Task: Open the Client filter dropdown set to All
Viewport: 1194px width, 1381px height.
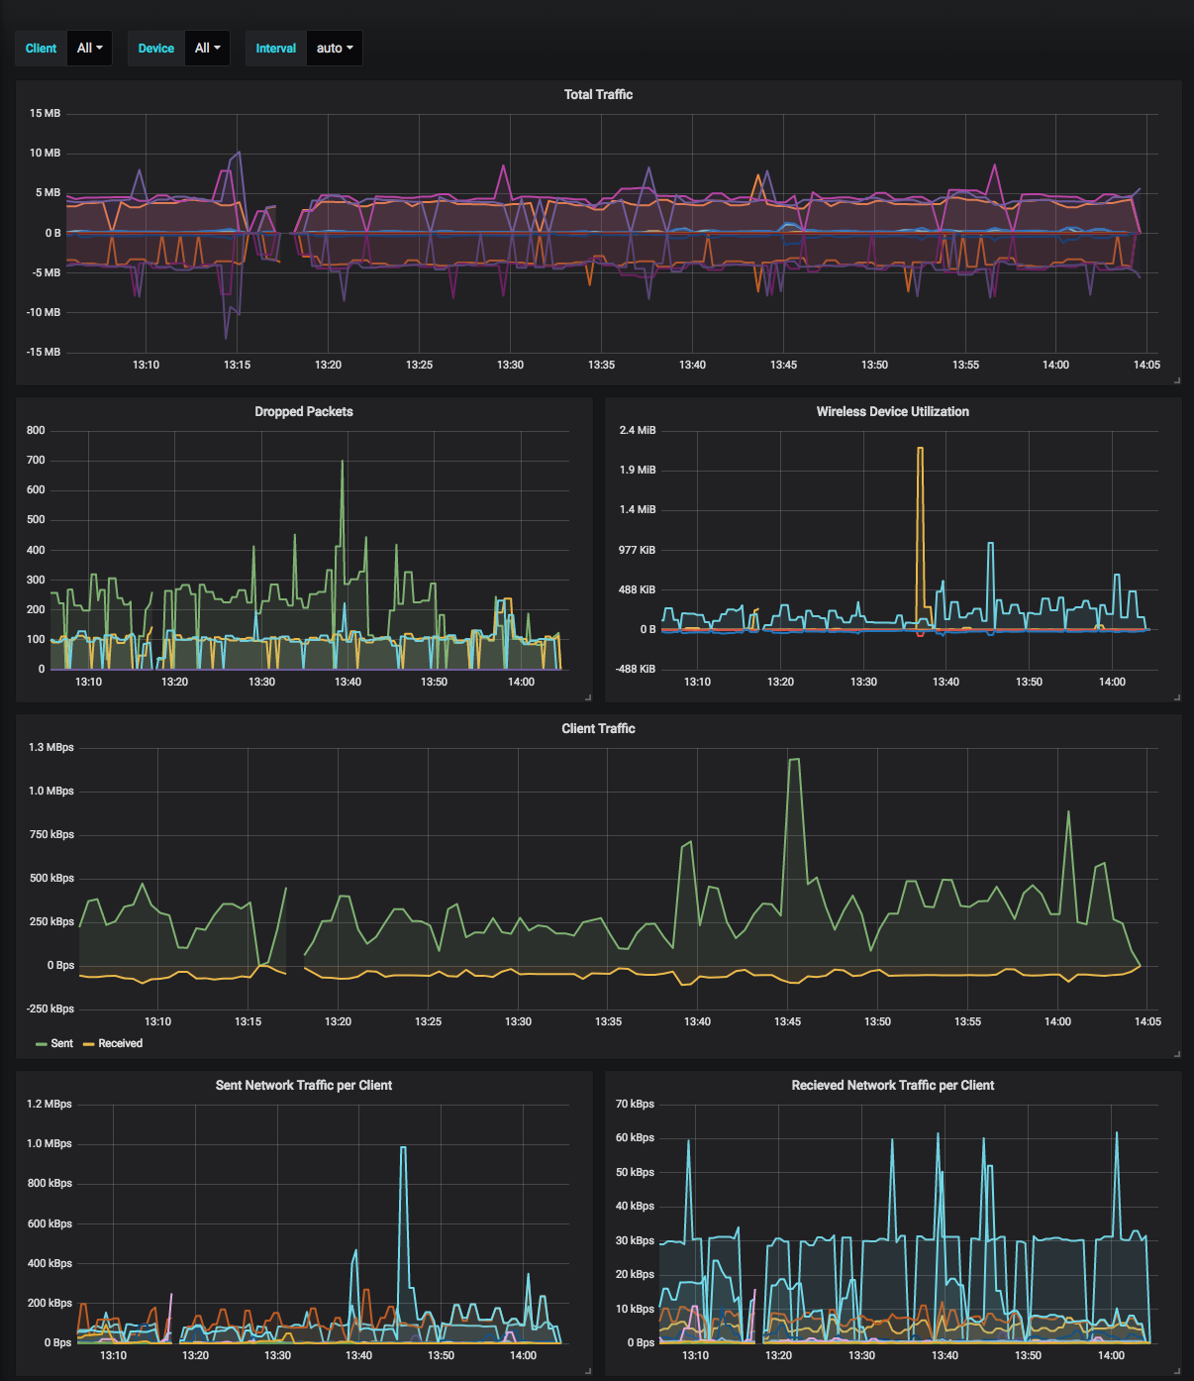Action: point(89,48)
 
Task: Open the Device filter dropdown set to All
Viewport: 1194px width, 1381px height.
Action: point(207,48)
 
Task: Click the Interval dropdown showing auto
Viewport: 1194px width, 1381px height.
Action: point(334,48)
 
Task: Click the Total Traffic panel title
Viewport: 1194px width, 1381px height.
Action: point(598,94)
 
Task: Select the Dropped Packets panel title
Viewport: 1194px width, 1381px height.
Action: point(303,411)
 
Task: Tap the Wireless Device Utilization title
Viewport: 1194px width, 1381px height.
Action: point(892,411)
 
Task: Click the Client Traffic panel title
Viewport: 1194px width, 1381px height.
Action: point(598,728)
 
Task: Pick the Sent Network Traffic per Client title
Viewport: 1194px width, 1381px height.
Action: point(303,1085)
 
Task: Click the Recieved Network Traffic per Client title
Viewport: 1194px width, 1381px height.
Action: point(892,1085)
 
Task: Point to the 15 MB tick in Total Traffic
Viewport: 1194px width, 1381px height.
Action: point(45,113)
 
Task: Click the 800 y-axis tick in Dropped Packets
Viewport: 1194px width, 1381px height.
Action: point(36,430)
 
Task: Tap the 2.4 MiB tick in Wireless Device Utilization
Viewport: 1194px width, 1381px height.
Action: point(638,430)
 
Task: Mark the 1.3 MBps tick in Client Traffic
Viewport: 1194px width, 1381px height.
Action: point(51,747)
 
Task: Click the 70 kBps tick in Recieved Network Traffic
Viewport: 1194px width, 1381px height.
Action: point(635,1104)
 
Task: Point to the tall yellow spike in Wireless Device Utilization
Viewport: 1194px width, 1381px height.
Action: point(920,449)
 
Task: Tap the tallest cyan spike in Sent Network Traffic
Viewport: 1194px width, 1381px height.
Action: point(403,1147)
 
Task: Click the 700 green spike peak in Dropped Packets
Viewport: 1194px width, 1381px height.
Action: point(343,462)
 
